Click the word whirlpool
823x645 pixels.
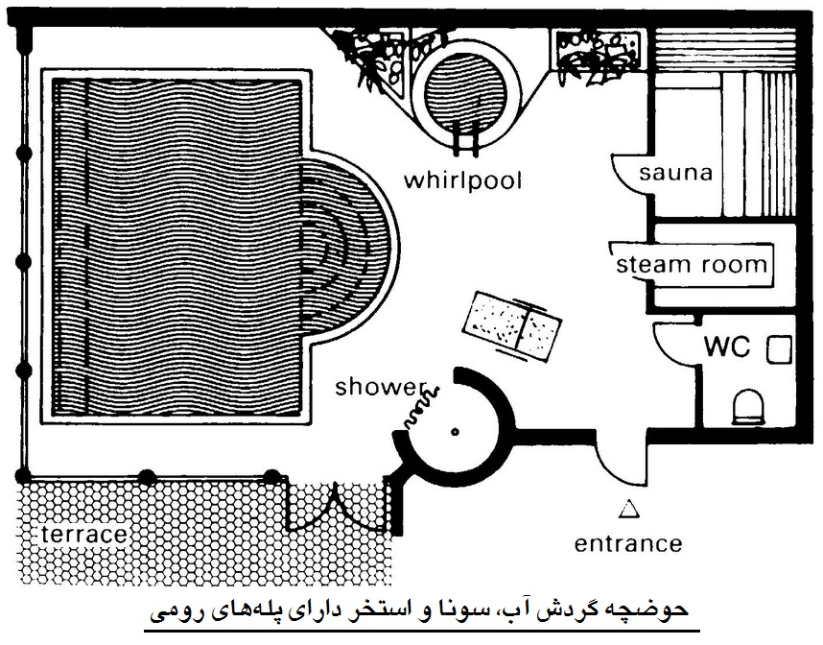click(x=462, y=180)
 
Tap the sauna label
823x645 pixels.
click(x=675, y=172)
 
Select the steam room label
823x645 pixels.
click(x=692, y=264)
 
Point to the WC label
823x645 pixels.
click(x=727, y=346)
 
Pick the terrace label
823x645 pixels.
click(x=84, y=535)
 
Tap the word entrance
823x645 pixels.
click(x=627, y=543)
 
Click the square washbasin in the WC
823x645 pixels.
click(x=779, y=349)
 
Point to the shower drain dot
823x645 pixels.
click(x=455, y=432)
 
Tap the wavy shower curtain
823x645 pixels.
click(x=421, y=407)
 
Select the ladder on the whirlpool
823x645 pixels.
click(x=465, y=138)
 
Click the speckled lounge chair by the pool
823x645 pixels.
click(x=512, y=326)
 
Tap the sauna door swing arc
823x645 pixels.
click(x=630, y=174)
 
